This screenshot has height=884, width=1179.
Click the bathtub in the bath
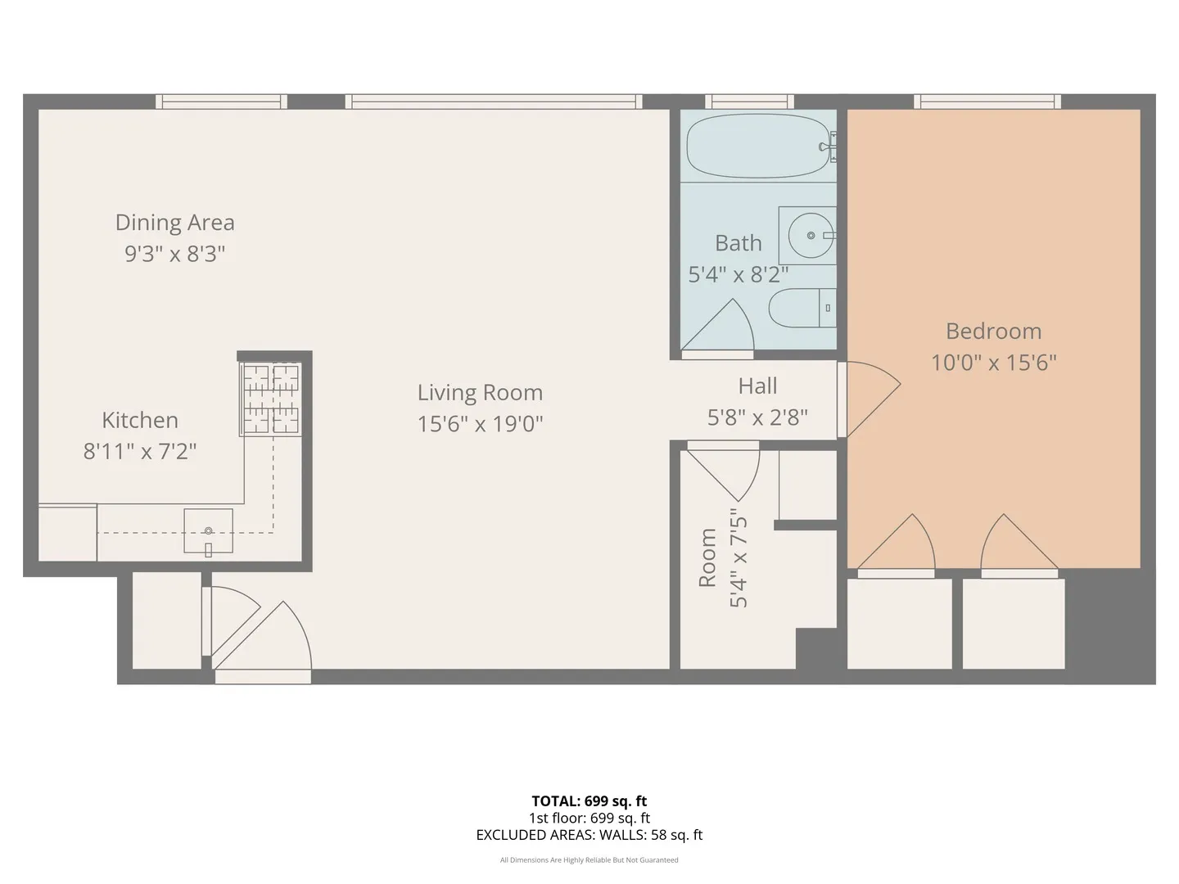758,146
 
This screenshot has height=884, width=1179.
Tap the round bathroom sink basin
811,235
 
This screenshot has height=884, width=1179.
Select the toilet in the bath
802,308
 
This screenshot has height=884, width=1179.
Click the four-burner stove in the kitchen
271,399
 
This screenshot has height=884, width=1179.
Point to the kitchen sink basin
209,531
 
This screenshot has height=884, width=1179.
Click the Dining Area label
175,222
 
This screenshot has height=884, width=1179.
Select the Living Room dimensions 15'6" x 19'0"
480,424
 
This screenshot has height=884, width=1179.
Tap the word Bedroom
994,331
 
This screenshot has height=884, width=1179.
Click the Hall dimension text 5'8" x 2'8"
757,417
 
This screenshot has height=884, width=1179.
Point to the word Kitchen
140,420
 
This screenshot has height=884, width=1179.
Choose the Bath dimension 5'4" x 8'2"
739,275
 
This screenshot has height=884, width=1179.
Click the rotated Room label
707,557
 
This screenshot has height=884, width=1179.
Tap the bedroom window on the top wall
987,101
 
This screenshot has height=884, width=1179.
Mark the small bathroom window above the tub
749,101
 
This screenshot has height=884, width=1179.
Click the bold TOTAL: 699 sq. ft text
589,801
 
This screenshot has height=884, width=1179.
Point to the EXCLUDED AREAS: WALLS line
589,835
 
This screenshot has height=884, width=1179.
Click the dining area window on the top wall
221,101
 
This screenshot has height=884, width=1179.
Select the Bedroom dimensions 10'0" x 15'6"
994,363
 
